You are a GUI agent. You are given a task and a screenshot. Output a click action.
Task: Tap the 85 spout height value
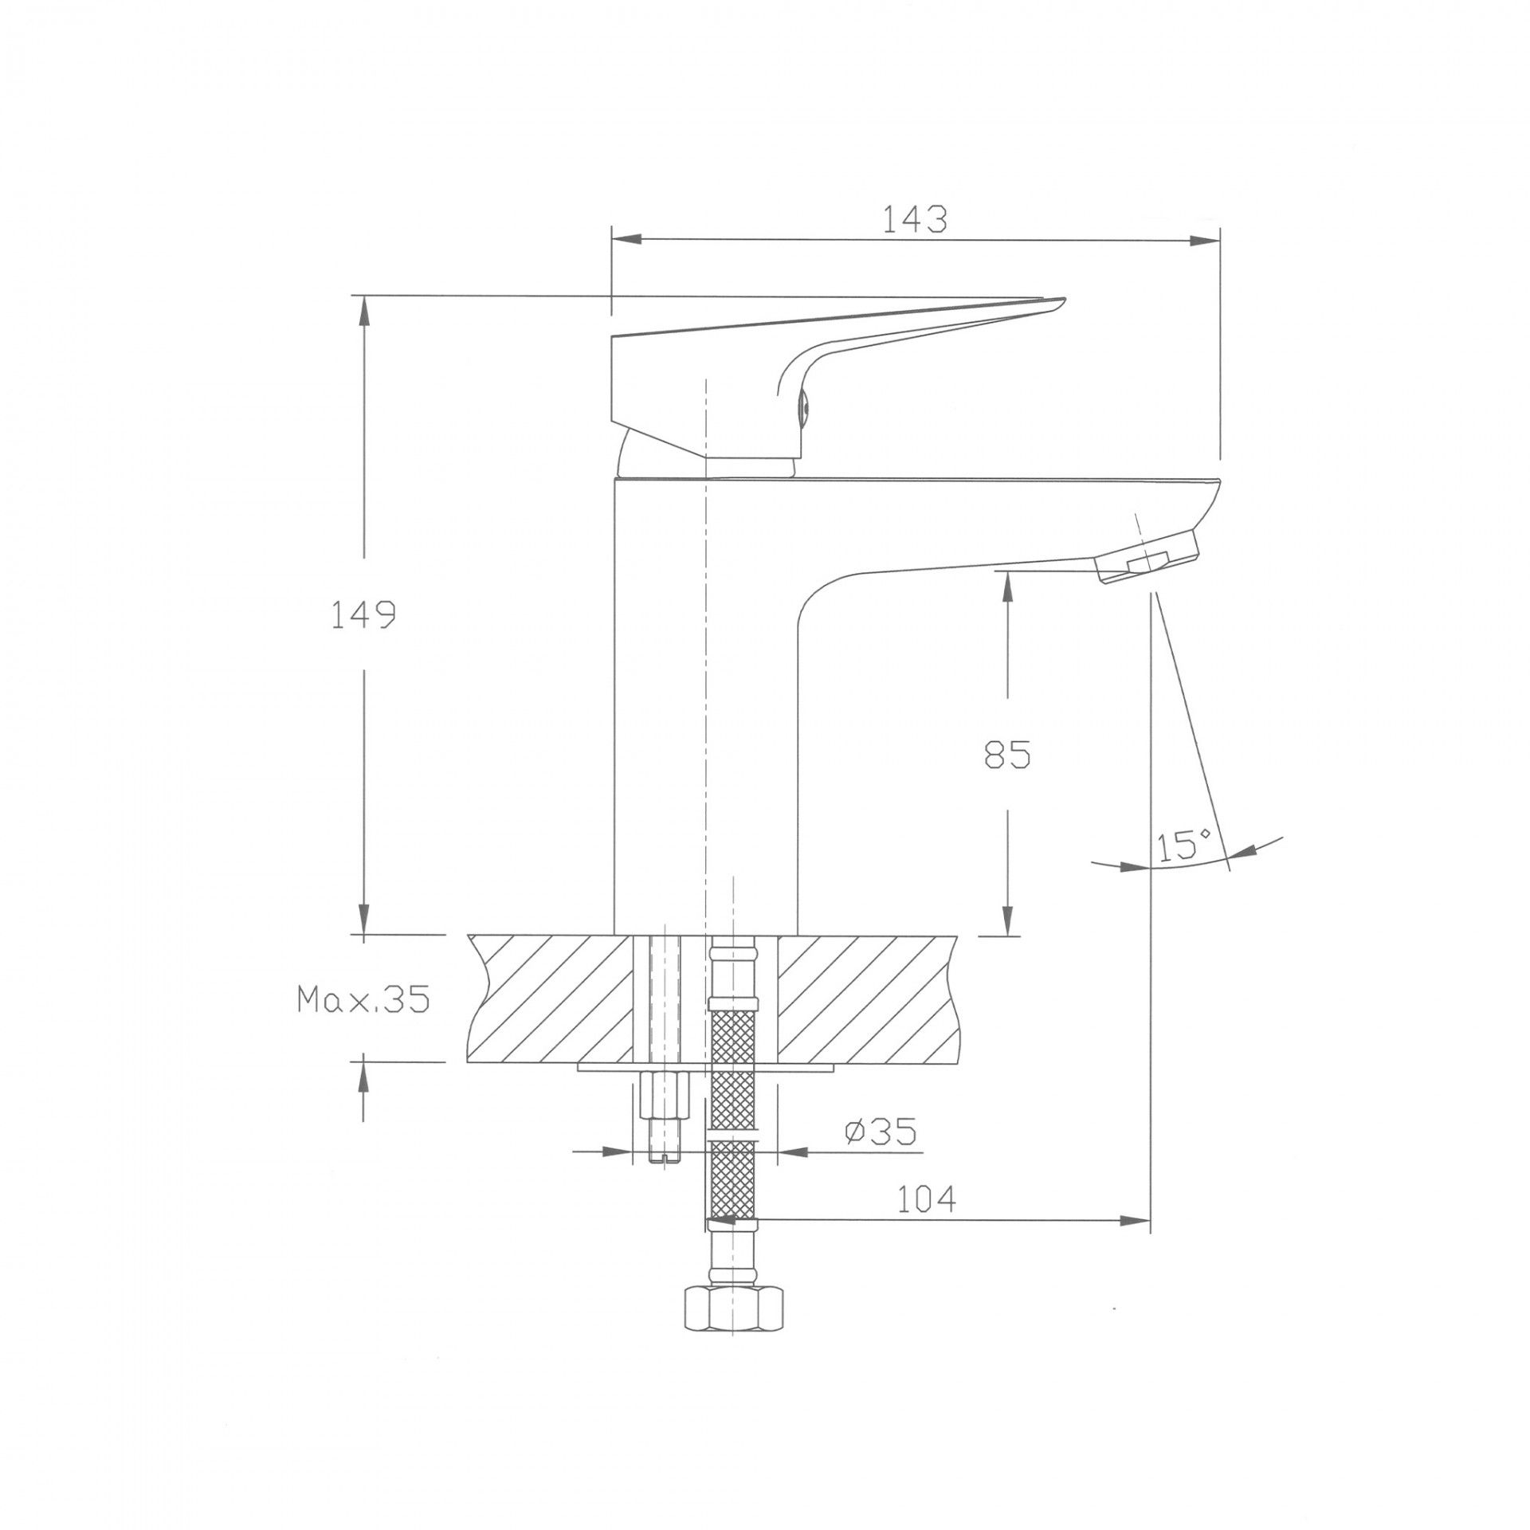(x=1007, y=754)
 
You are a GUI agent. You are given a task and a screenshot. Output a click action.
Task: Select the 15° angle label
(x=1185, y=845)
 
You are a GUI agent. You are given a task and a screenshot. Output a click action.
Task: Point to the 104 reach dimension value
(x=927, y=1220)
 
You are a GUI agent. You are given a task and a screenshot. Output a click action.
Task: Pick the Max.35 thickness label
(x=363, y=998)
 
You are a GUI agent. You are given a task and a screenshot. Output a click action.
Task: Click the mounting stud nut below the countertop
(x=664, y=1096)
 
